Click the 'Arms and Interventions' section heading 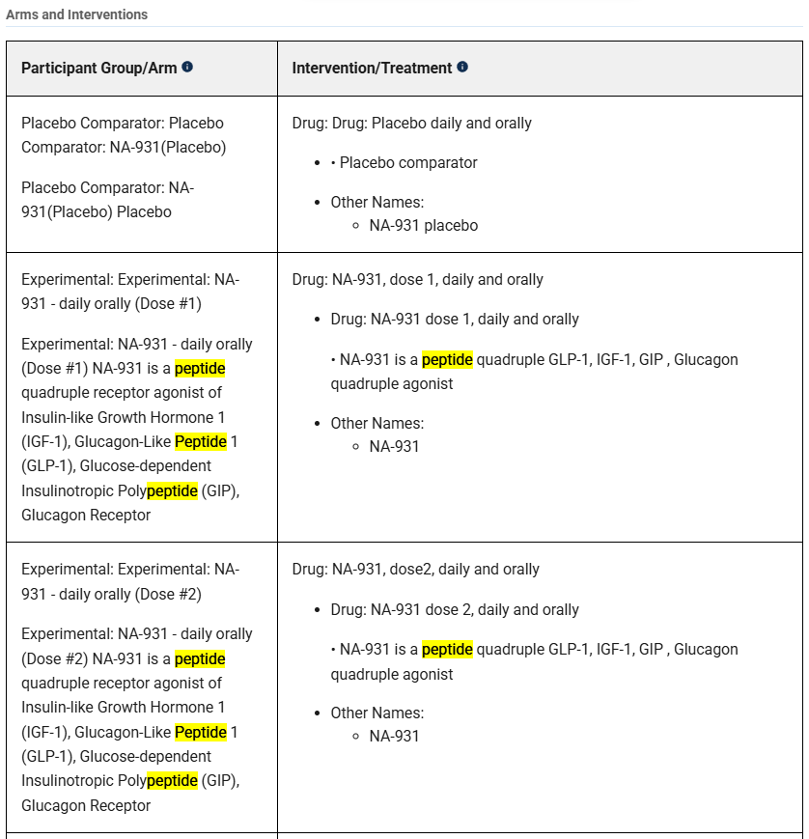point(77,14)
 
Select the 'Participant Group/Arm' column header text point(98,68)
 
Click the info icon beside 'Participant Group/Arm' point(187,67)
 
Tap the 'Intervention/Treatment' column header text point(372,68)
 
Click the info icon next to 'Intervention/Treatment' point(462,67)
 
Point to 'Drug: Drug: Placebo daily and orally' point(411,123)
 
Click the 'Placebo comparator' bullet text point(407,162)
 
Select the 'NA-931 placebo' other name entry point(423,225)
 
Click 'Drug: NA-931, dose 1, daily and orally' point(417,279)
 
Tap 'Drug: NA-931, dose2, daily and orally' point(415,569)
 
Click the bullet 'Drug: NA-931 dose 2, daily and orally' point(455,609)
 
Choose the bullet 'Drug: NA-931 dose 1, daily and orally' point(455,319)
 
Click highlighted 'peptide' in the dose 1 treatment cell point(447,359)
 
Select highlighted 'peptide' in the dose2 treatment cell point(447,649)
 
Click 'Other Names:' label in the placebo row point(377,202)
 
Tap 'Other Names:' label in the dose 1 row point(377,423)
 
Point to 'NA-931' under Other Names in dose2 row point(394,736)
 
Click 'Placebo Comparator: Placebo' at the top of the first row point(123,123)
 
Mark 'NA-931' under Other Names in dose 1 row point(394,446)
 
